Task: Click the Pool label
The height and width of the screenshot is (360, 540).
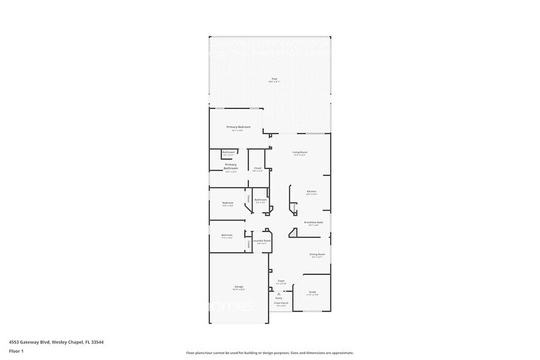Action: point(274,79)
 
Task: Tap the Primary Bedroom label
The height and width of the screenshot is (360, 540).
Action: point(238,127)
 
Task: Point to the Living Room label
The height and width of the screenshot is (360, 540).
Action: point(299,152)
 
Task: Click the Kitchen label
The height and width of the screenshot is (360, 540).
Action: point(311,192)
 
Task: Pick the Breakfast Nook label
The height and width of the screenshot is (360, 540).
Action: point(313,222)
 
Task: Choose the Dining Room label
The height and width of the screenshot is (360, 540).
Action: point(317,253)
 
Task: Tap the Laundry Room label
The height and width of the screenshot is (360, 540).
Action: point(261,241)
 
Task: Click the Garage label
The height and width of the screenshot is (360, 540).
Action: point(238,287)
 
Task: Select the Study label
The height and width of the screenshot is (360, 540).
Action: point(312,292)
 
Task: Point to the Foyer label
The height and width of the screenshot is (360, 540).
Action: point(281,281)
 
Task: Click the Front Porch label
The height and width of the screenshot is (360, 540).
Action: point(281,303)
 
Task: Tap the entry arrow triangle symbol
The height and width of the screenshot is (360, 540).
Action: point(279,293)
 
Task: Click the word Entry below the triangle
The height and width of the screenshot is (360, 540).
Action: point(279,298)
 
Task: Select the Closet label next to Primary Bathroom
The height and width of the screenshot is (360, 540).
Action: point(258,168)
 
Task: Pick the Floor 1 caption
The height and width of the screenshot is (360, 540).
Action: point(16,351)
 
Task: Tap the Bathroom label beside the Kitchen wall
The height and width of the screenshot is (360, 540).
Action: point(260,200)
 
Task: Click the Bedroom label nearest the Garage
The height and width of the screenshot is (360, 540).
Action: point(227,235)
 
